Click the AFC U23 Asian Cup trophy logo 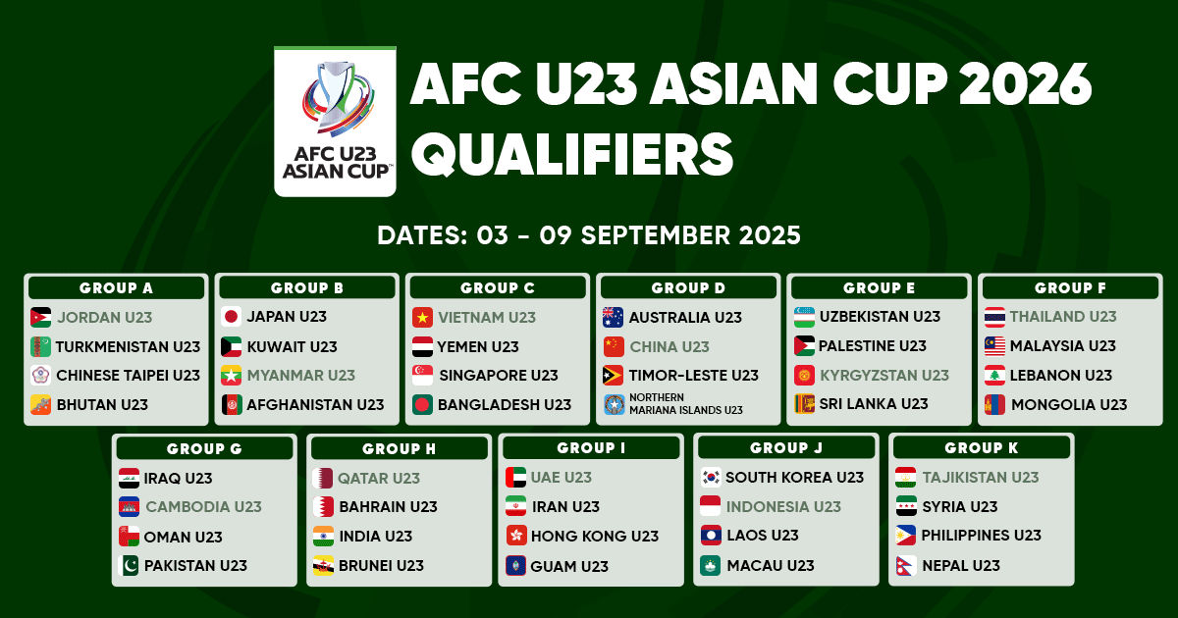tap(335, 122)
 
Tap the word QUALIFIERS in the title tap(572, 154)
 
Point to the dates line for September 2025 tap(589, 235)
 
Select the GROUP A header tap(116, 288)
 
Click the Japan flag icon tap(231, 317)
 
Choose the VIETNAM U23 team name tap(487, 318)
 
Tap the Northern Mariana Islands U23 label tap(686, 403)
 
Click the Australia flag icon tap(614, 318)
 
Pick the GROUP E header tap(880, 288)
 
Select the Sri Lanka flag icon tap(805, 404)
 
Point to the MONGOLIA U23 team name tap(1069, 404)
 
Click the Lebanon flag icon tap(995, 375)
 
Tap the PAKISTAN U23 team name tap(195, 565)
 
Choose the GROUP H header tap(400, 449)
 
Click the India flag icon tap(323, 537)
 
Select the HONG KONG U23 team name tap(595, 536)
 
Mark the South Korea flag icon tap(711, 477)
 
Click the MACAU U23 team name tap(771, 565)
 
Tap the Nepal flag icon tap(906, 566)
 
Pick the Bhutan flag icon tap(41, 404)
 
